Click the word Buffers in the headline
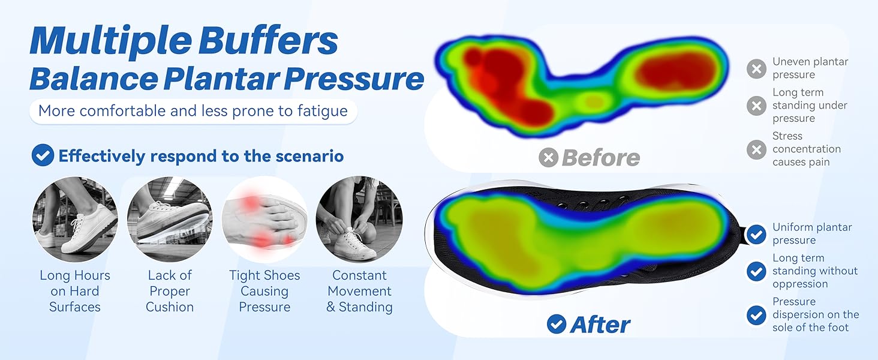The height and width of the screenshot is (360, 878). (268, 40)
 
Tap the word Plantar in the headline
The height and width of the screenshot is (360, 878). (221, 79)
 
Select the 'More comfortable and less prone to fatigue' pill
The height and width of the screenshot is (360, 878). (193, 111)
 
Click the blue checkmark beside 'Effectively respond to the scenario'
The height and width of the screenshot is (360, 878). (43, 155)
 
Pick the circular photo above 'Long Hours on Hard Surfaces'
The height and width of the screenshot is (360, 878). (75, 219)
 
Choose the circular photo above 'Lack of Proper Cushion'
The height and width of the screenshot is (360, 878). (170, 219)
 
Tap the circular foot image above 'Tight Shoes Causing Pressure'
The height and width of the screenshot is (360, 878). (264, 219)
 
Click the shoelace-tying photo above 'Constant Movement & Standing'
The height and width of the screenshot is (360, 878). (359, 219)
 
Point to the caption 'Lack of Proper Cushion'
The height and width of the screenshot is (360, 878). (170, 291)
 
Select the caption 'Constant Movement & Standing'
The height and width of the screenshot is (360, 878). (359, 291)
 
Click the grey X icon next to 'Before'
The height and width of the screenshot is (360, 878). (548, 158)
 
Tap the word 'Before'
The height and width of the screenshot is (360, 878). (601, 158)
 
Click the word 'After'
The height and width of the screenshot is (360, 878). (600, 325)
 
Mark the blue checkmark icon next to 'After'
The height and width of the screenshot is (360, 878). (557, 324)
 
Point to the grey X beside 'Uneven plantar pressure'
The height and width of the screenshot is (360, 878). (756, 69)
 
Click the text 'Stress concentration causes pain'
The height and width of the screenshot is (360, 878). (807, 149)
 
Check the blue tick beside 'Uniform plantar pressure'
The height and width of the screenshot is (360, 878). (756, 234)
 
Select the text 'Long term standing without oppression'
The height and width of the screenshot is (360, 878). (815, 271)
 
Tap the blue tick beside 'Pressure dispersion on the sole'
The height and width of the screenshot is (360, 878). (756, 315)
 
